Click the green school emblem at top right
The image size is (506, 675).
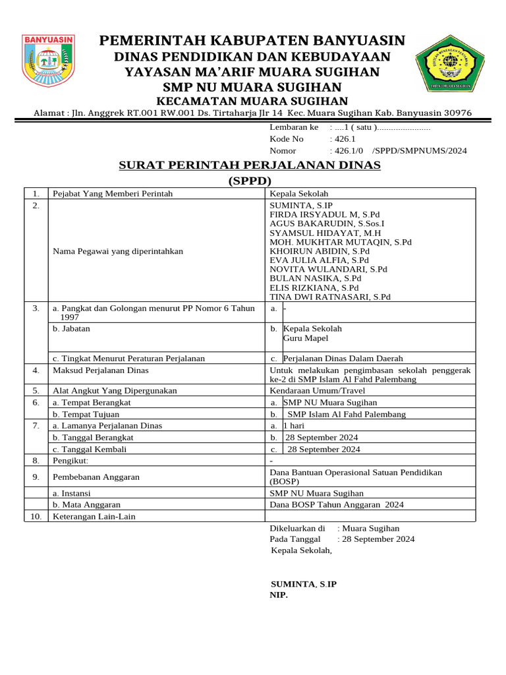451,63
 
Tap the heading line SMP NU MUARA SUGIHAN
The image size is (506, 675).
252,87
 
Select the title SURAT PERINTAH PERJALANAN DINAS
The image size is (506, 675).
250,165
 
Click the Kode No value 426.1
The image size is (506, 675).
347,139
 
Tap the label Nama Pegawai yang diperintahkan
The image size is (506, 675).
118,251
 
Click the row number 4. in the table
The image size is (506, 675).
36,370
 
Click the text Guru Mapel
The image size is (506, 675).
306,338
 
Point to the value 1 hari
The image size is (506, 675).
294,426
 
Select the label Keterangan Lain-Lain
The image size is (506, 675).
94,516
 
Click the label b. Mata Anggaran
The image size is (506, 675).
82,504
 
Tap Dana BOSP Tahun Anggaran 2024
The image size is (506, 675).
337,504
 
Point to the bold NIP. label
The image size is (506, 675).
279,595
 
